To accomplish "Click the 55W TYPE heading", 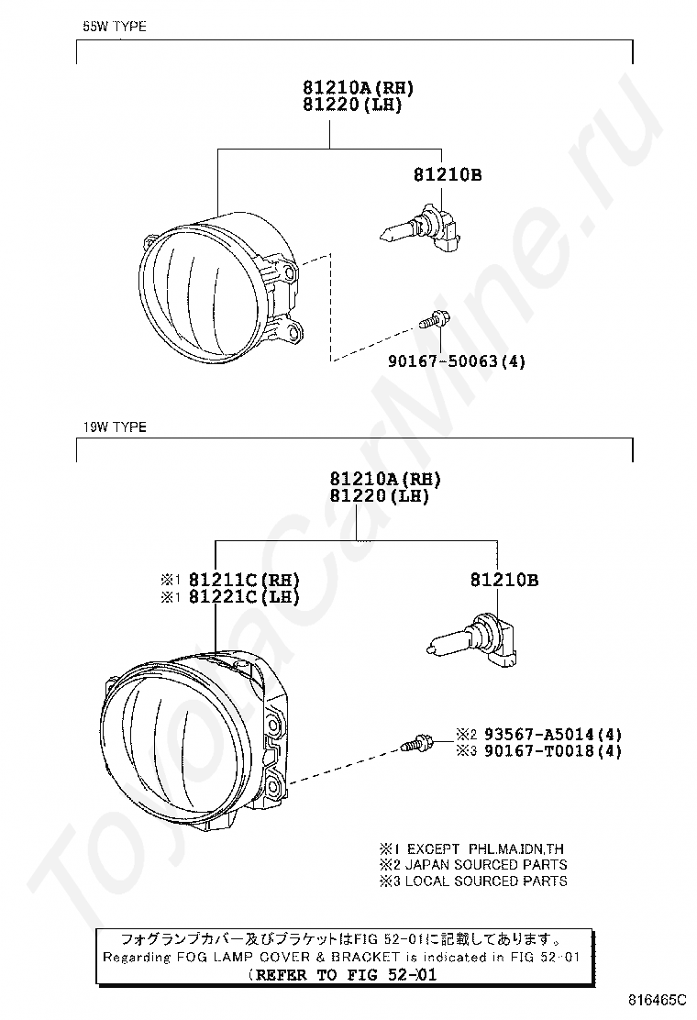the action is coord(115,27).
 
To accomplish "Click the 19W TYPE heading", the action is coord(115,427).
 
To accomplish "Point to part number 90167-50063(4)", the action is coord(457,361).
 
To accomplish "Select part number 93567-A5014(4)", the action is coord(553,735).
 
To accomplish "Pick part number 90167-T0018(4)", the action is coord(553,751).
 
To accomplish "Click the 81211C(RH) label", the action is coord(244,580).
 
